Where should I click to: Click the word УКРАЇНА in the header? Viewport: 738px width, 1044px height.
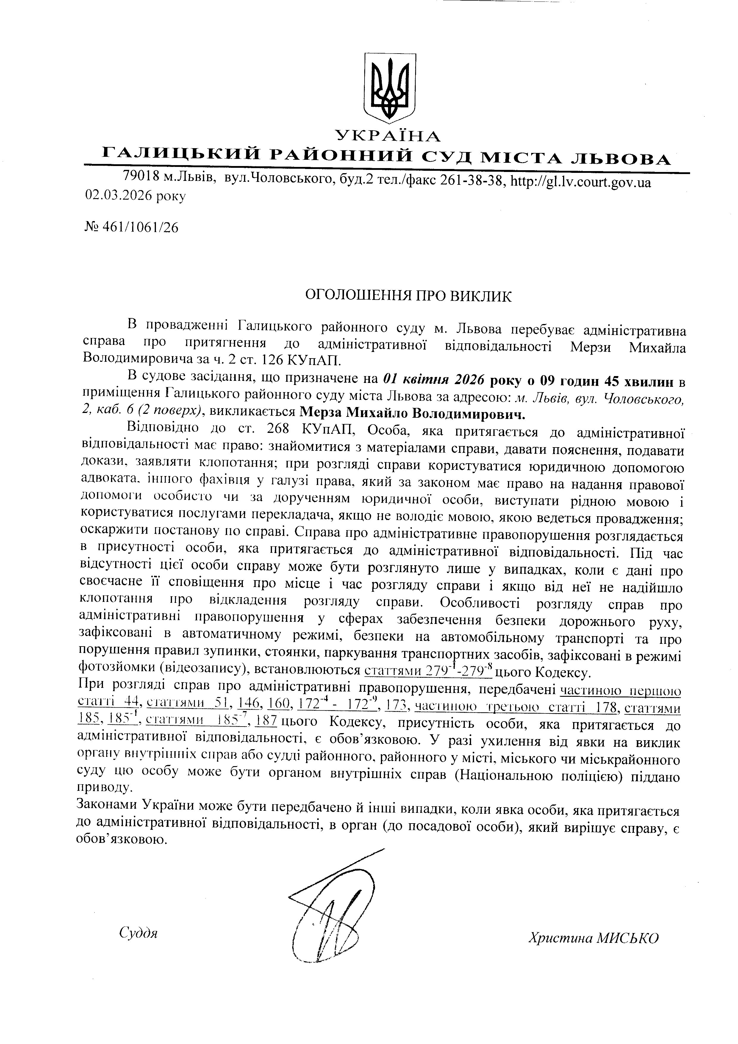388,135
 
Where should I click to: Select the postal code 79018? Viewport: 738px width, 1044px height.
140,176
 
